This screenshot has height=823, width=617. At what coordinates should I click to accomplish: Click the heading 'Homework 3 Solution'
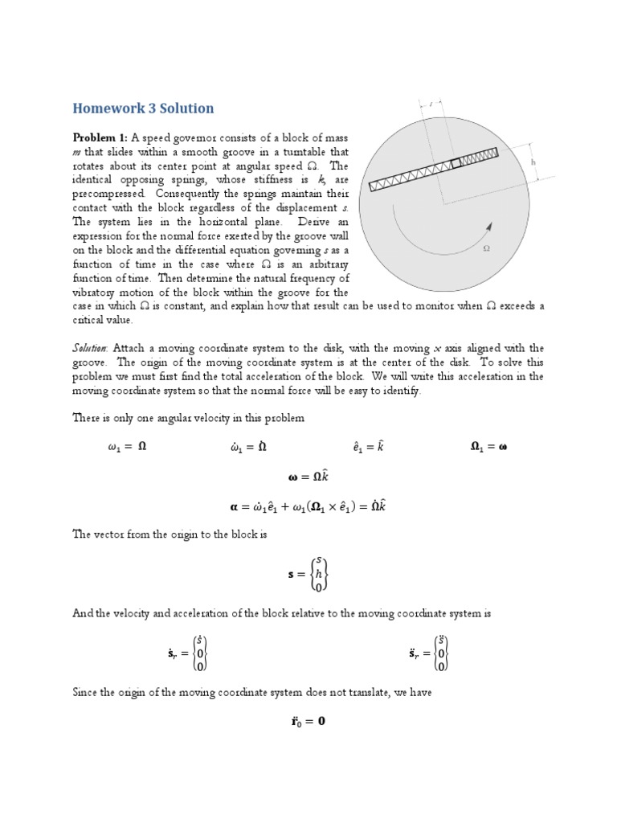[144, 109]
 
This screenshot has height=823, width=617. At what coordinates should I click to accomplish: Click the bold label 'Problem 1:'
[100, 137]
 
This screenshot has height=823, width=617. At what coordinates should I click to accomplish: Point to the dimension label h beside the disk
[533, 162]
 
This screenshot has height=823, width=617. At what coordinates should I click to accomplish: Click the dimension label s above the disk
[431, 104]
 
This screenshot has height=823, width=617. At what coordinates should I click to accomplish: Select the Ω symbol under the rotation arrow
[485, 249]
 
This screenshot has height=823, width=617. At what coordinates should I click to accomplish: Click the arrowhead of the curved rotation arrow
[487, 227]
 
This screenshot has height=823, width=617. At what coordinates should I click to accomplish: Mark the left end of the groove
[372, 187]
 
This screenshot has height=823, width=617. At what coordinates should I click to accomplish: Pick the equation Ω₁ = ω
[488, 447]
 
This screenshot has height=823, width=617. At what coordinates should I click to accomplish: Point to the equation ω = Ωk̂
[307, 477]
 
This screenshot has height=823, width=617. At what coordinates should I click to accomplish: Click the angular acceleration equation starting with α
[308, 507]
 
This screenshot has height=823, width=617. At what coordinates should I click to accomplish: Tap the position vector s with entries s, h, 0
[308, 574]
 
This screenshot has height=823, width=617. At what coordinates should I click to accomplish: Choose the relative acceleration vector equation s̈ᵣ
[427, 654]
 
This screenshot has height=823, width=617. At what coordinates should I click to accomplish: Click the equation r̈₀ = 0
[308, 721]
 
